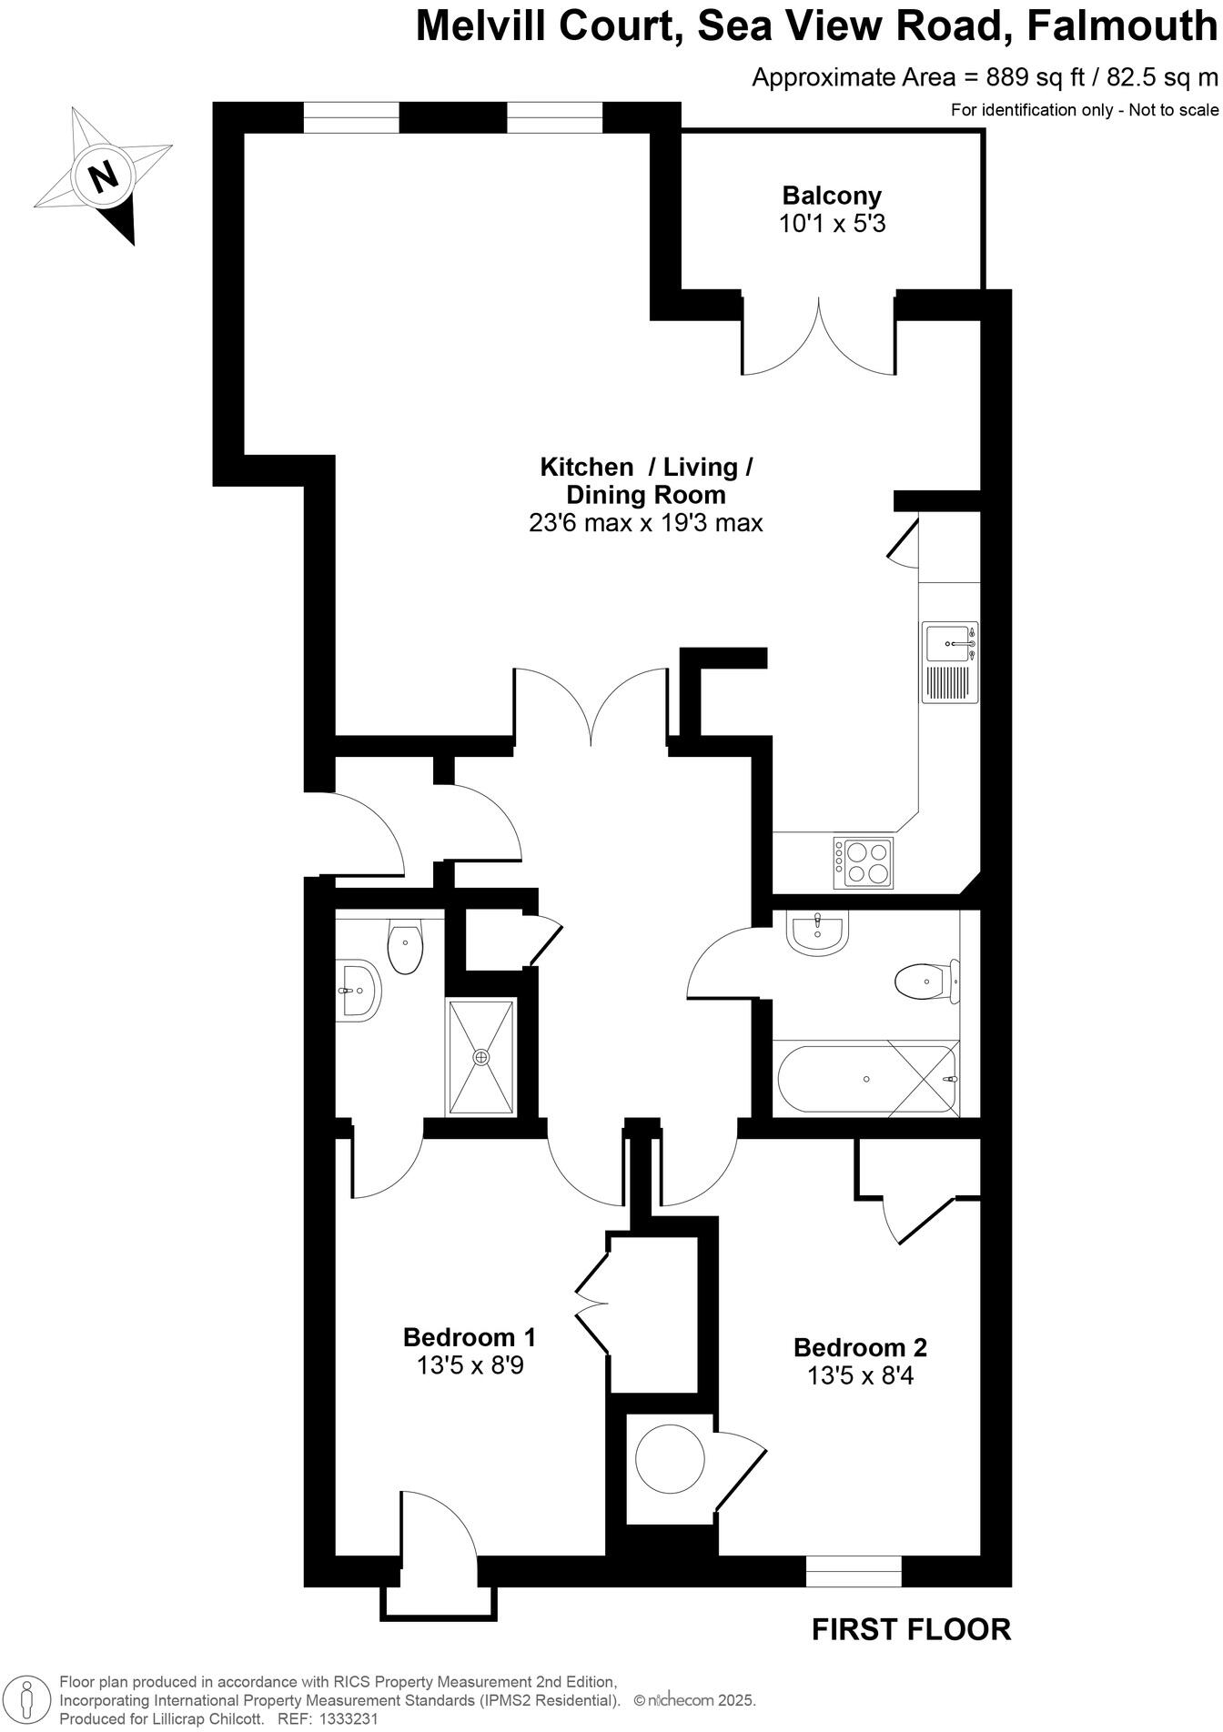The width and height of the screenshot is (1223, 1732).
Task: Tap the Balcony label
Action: (x=832, y=196)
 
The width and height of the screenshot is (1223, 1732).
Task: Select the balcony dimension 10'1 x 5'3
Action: (x=832, y=224)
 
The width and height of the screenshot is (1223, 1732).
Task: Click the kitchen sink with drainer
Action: (x=949, y=662)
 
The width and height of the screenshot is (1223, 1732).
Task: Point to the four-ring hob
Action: (x=864, y=862)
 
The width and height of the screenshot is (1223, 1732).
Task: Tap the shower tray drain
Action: (x=480, y=1057)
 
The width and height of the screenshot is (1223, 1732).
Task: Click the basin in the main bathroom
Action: (x=818, y=932)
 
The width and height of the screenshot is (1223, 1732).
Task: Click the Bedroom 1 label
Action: (x=469, y=1338)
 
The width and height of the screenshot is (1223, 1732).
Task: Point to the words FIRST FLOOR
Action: (x=910, y=1629)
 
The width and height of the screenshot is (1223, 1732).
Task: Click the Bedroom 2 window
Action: (x=853, y=1571)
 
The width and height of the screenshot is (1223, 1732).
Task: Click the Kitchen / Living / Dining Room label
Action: (x=645, y=481)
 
